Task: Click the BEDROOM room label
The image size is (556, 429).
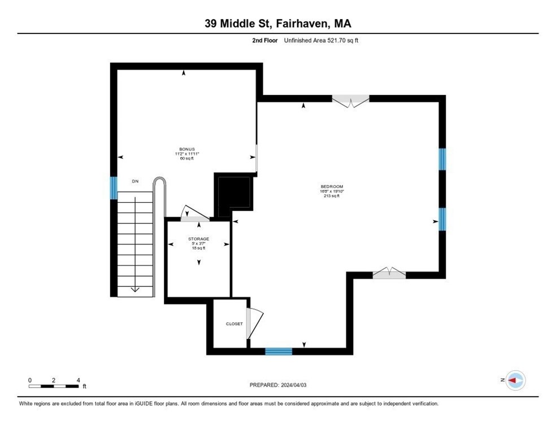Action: (x=332, y=187)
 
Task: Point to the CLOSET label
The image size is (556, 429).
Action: (x=234, y=324)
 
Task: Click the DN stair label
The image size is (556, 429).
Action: (x=135, y=181)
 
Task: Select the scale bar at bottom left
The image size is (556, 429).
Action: (x=54, y=386)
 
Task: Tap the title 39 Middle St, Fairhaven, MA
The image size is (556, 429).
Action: (x=277, y=23)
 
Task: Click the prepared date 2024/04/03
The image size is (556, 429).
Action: (x=277, y=385)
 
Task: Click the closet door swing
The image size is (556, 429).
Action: (x=253, y=324)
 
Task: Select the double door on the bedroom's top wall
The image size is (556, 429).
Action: (x=350, y=100)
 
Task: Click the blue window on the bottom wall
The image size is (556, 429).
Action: (x=279, y=351)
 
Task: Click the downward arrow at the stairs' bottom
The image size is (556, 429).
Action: (x=135, y=290)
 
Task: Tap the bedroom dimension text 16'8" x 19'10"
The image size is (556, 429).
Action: (x=332, y=192)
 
